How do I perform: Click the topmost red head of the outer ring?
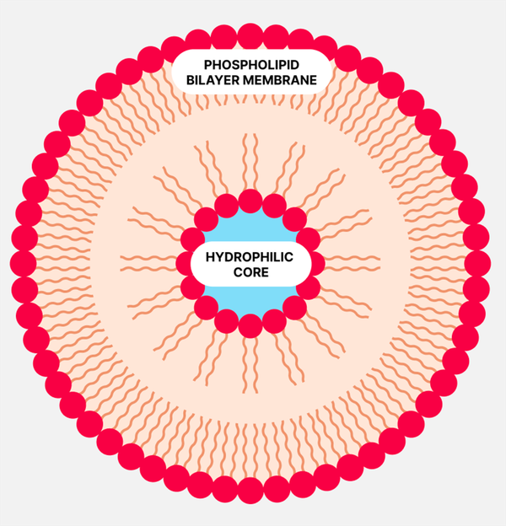250,36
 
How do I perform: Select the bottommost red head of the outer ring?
250,491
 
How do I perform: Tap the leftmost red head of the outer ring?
23,263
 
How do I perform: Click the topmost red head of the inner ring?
250,201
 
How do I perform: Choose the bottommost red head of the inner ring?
250,325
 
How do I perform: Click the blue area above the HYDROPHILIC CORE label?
250,228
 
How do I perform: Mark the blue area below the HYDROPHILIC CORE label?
250,299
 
